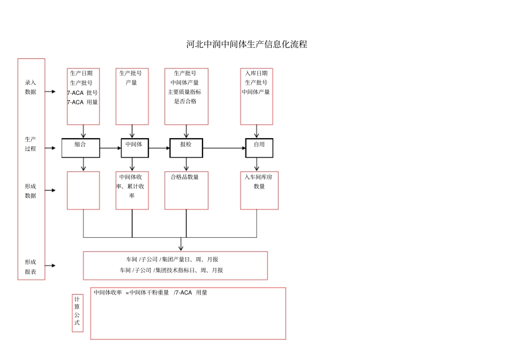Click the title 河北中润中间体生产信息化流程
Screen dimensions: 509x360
click(246, 44)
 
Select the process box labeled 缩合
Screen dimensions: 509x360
click(81, 148)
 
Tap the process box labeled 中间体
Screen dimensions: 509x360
click(134, 148)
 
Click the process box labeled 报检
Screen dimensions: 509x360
click(186, 148)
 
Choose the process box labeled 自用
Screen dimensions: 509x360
click(259, 148)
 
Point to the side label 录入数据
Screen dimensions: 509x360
click(31, 87)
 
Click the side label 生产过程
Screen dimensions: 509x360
click(31, 144)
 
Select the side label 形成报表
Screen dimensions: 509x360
click(31, 267)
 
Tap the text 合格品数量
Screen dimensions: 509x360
click(185, 177)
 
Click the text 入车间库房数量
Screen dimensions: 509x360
click(258, 182)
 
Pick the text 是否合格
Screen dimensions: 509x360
click(185, 101)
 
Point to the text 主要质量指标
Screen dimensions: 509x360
click(184, 92)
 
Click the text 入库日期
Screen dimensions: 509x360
click(257, 73)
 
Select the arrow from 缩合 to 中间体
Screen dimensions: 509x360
click(110, 148)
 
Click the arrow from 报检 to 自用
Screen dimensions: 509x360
click(224, 148)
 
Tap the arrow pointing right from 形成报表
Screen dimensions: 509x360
click(50, 266)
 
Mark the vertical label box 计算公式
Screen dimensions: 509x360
click(78, 313)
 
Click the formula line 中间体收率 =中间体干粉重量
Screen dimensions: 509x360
click(131, 292)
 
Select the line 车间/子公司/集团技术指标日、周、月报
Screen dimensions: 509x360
click(171, 270)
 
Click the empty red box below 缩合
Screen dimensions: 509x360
click(84, 191)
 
